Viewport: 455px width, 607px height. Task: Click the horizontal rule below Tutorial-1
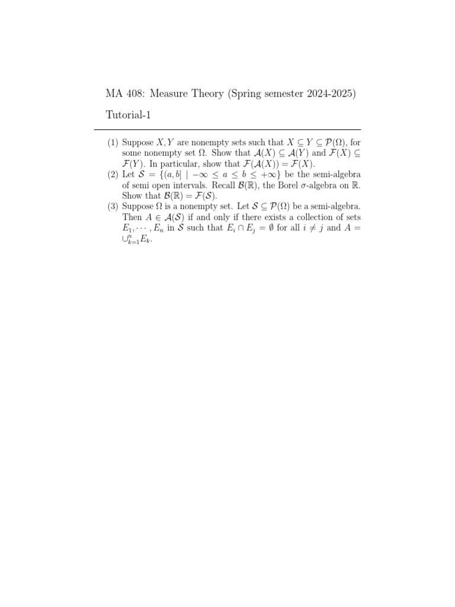227,130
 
